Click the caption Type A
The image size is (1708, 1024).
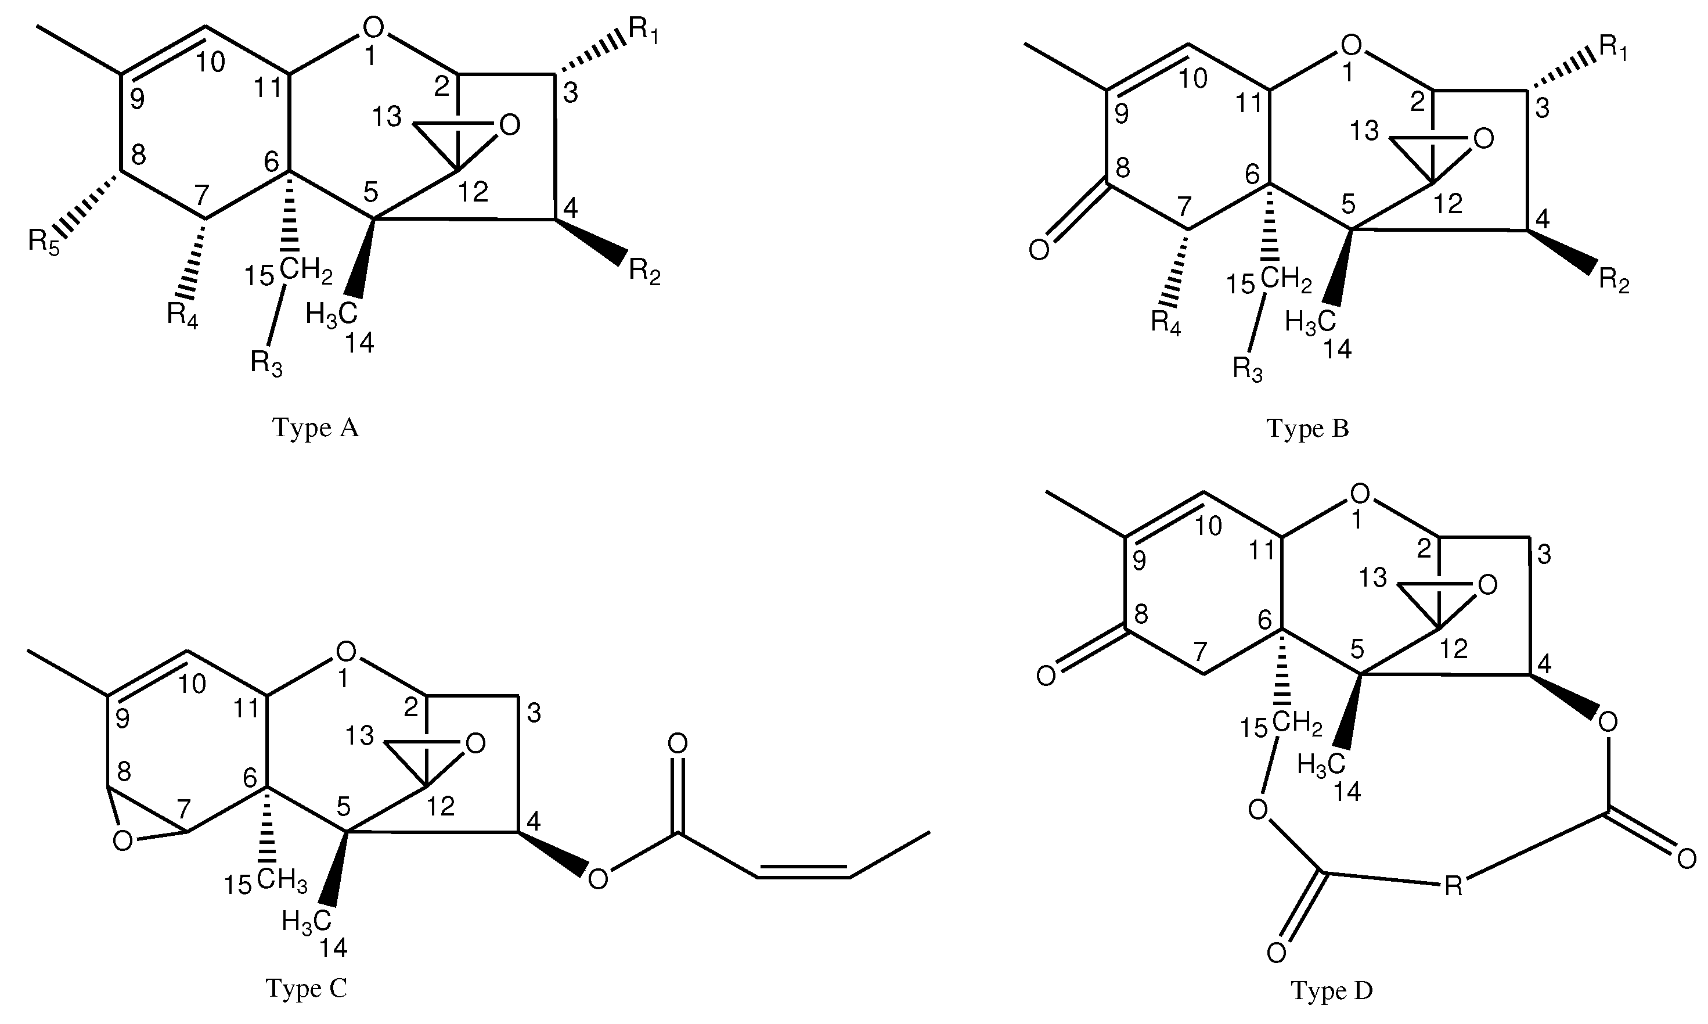coord(316,428)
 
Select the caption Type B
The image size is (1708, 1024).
coord(1307,429)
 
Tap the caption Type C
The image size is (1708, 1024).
coord(306,988)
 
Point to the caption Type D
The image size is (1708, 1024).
coord(1332,990)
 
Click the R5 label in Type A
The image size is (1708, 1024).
coord(44,242)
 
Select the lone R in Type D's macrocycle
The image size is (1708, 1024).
coord(1453,885)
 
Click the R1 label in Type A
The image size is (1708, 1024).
coord(643,32)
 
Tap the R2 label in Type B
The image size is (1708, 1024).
coord(1613,282)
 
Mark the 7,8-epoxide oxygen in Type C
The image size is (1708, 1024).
coord(122,841)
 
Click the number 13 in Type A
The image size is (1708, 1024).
coord(388,117)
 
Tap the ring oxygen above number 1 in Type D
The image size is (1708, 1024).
coord(1360,494)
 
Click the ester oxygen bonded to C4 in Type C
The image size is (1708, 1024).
coord(597,878)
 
